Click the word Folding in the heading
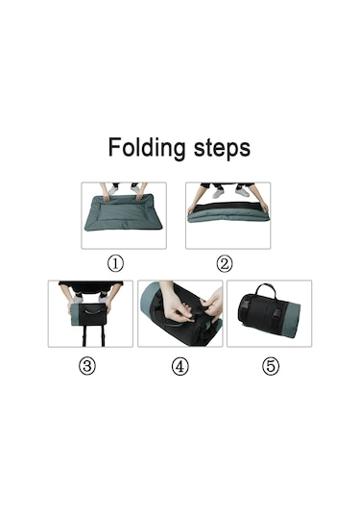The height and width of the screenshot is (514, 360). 147,148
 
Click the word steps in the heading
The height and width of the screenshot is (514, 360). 222,149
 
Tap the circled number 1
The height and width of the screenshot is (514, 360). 115,263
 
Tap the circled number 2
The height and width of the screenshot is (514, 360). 225,263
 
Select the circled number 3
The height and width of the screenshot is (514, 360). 87,366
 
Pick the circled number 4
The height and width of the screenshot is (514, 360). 180,366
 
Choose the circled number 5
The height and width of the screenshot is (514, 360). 271,366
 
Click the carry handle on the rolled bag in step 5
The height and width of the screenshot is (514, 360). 266,290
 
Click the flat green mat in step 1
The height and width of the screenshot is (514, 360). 124,212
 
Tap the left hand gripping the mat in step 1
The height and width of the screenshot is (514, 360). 107,197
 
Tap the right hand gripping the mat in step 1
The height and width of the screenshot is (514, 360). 138,196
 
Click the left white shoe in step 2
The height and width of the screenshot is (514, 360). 219,192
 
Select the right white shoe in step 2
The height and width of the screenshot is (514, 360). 242,192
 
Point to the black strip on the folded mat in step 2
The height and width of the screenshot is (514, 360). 228,208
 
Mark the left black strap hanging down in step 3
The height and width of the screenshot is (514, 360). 84,336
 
